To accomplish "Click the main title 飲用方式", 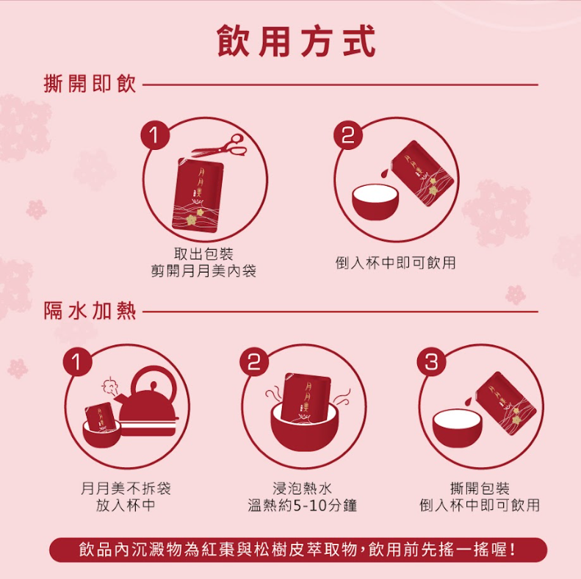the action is [297, 42].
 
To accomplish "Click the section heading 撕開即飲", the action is [90, 84].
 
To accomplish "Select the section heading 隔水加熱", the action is [90, 311].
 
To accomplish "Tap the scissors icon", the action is [220, 146].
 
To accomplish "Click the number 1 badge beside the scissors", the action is [155, 135].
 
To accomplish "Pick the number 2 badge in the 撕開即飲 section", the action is [348, 135].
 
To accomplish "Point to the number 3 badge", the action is [431, 362].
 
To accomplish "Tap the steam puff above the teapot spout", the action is [109, 386].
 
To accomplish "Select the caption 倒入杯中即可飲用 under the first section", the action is [396, 262].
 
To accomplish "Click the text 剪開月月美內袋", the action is [203, 271].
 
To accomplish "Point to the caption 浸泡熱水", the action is [303, 488].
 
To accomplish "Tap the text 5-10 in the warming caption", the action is [310, 506].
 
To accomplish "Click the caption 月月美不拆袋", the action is [126, 488].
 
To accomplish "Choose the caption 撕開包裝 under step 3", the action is [480, 488].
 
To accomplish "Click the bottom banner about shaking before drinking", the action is [298, 550].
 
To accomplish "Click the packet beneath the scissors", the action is [198, 195].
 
